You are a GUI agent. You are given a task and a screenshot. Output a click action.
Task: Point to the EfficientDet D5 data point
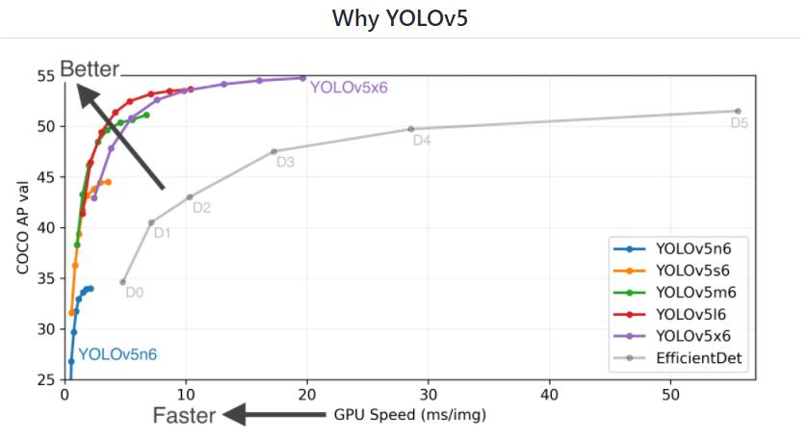click(738, 111)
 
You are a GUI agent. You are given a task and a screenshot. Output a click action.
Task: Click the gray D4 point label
click(422, 141)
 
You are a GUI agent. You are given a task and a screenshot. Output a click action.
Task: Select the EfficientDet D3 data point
click(274, 151)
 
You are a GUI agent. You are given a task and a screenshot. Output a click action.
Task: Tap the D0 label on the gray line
click(135, 292)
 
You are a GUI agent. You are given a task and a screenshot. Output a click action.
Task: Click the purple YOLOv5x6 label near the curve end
click(348, 87)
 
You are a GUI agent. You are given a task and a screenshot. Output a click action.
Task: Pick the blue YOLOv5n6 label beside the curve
click(117, 354)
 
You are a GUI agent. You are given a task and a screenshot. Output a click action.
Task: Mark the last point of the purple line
click(302, 78)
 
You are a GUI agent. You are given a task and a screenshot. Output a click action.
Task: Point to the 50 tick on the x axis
click(671, 394)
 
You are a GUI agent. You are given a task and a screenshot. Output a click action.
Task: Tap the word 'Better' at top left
click(90, 68)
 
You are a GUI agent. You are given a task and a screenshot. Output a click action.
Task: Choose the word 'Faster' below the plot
click(185, 416)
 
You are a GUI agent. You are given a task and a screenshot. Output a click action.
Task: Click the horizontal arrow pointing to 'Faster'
click(274, 415)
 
